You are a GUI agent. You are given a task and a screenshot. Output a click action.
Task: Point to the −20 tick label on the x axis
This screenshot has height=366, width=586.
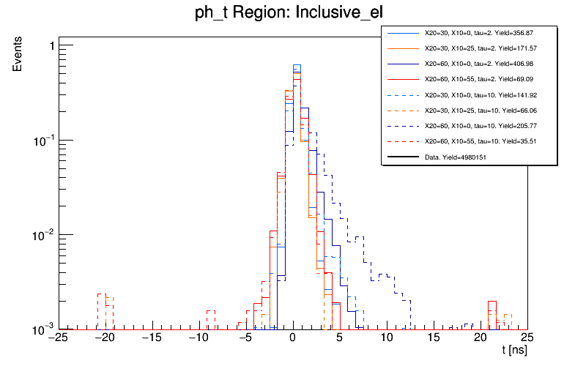click(x=104, y=338)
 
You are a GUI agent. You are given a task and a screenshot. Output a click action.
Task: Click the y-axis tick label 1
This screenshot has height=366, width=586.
click(x=51, y=46)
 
